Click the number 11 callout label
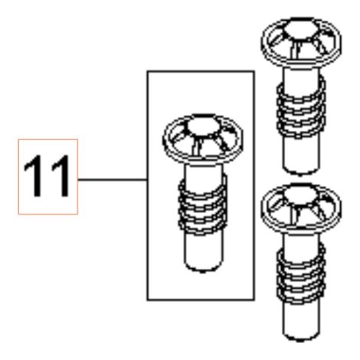(x=47, y=177)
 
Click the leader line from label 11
(x=113, y=180)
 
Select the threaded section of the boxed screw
(x=202, y=205)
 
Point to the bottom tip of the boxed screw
(x=203, y=270)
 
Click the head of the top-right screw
(x=301, y=42)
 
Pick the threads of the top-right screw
(x=301, y=107)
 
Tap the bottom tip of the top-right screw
(x=301, y=173)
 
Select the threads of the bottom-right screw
(x=301, y=273)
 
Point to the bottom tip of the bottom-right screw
(x=301, y=339)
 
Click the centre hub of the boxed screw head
(x=204, y=126)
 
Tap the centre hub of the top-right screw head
(x=302, y=28)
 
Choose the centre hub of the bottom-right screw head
(x=301, y=195)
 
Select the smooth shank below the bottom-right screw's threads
(x=301, y=319)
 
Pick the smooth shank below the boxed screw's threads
(x=203, y=250)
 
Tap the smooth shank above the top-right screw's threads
(x=301, y=77)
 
